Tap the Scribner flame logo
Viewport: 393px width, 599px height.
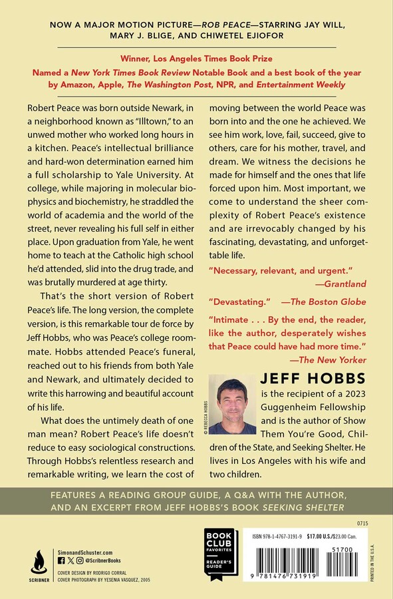coord(39,558)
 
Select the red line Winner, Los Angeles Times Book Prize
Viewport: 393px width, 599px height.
coord(196,59)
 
